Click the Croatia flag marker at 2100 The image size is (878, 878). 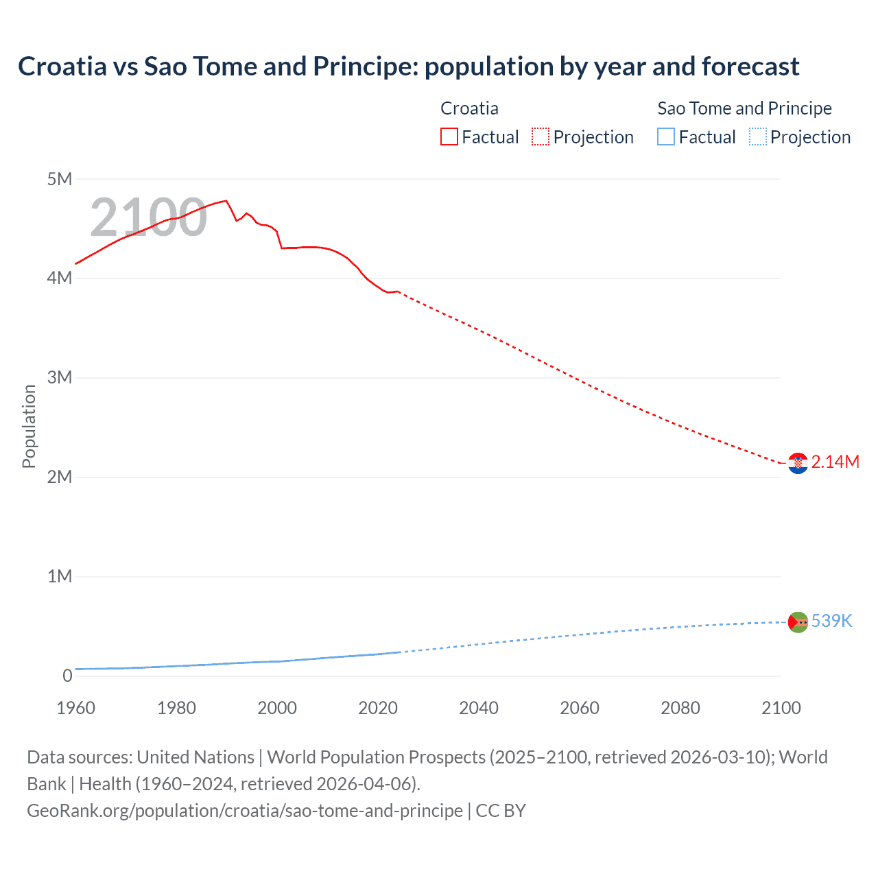798,464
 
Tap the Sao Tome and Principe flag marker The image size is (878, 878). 798,622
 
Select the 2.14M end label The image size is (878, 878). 835,462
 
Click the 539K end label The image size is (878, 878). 831,621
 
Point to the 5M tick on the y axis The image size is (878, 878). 60,179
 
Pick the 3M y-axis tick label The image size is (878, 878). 60,377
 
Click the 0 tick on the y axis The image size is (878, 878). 67,676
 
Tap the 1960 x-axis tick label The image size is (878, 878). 75,708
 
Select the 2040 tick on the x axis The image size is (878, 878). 479,708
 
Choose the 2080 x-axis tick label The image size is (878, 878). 680,708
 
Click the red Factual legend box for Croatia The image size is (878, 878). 449,137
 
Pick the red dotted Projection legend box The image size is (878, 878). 541,137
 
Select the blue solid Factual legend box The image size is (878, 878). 666,137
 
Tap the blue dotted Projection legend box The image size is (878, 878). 757,137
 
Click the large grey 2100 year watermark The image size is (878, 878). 148,217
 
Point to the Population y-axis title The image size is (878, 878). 29,426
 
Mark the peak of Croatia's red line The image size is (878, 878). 226,201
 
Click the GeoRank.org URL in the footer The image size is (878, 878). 245,811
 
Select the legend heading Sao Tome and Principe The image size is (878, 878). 744,108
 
